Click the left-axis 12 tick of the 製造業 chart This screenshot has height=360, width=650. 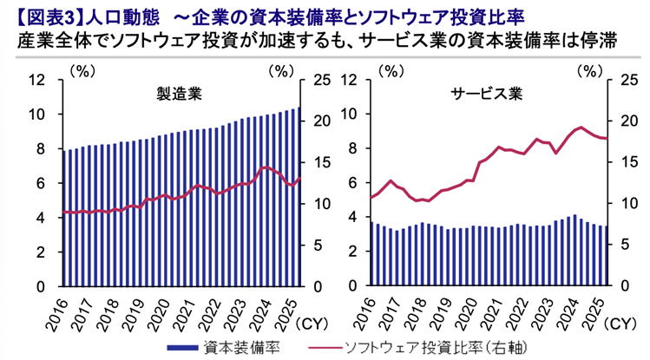click(36, 81)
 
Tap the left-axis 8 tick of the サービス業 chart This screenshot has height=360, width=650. click(351, 149)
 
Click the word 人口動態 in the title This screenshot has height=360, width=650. click(122, 16)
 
